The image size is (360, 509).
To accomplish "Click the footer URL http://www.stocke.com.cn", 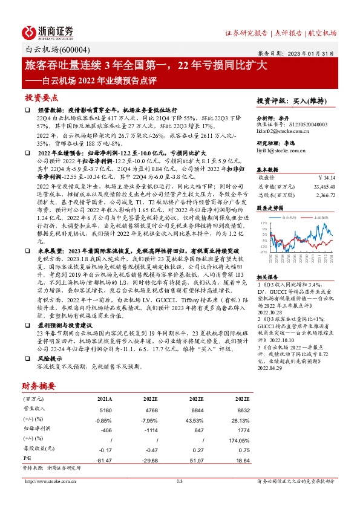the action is point(50,481).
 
